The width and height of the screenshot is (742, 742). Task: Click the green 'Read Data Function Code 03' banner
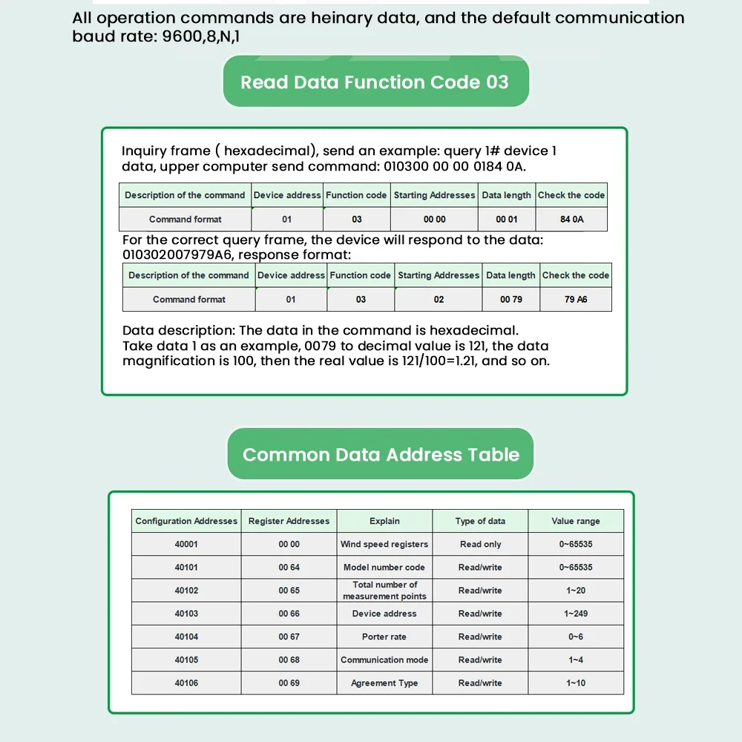[x=375, y=82]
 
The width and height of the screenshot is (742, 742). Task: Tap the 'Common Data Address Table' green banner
[x=381, y=454]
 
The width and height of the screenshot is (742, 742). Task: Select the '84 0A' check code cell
[x=572, y=219]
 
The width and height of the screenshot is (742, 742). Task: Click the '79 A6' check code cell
[x=576, y=299]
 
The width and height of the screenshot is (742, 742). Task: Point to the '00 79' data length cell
[x=511, y=299]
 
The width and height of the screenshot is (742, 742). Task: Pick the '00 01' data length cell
[x=507, y=219]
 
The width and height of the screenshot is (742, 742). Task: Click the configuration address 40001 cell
[x=186, y=544]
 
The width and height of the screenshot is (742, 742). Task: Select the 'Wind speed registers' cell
[x=384, y=544]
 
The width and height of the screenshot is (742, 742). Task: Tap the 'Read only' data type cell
[x=480, y=544]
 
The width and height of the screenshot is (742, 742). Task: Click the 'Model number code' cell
[x=384, y=567]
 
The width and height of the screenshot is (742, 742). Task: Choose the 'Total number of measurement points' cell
[x=384, y=591]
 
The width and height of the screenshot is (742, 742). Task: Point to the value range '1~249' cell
[x=576, y=614]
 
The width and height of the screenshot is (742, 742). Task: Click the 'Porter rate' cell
[x=384, y=637]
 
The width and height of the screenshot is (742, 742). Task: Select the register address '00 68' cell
[x=289, y=660]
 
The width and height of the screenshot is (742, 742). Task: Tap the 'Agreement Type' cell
[x=384, y=683]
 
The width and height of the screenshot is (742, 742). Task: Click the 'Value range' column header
[x=576, y=521]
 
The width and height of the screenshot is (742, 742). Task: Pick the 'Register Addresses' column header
[x=289, y=521]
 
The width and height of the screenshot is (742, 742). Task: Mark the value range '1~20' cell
[x=576, y=591]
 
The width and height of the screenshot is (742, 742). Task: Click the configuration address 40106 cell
[x=186, y=683]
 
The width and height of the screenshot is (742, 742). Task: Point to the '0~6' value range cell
[x=576, y=637]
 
